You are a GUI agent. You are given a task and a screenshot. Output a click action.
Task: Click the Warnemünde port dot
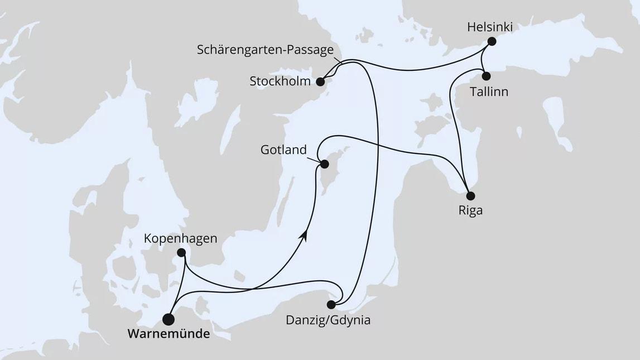[168, 319]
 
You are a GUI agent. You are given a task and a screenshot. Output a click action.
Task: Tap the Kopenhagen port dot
[181, 252]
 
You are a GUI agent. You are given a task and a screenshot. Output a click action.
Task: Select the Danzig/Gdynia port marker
[331, 305]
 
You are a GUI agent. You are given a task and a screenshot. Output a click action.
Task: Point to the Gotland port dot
[324, 164]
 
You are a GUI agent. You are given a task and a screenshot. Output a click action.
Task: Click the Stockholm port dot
[320, 81]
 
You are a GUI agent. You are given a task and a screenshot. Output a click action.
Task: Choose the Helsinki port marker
[492, 41]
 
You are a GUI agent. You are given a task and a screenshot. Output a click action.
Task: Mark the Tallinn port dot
[486, 76]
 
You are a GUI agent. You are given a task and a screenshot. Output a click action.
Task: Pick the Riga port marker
[470, 196]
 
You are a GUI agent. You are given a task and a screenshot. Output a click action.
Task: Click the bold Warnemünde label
[169, 335]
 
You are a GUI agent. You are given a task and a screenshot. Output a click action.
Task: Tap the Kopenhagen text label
[180, 238]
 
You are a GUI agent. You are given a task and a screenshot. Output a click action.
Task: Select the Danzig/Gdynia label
[328, 320]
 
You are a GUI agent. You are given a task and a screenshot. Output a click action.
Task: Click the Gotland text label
[283, 150]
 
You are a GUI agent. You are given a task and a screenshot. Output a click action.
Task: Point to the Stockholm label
[280, 81]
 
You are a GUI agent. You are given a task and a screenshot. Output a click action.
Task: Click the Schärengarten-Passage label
[265, 50]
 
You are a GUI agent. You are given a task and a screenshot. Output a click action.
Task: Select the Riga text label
[470, 211]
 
